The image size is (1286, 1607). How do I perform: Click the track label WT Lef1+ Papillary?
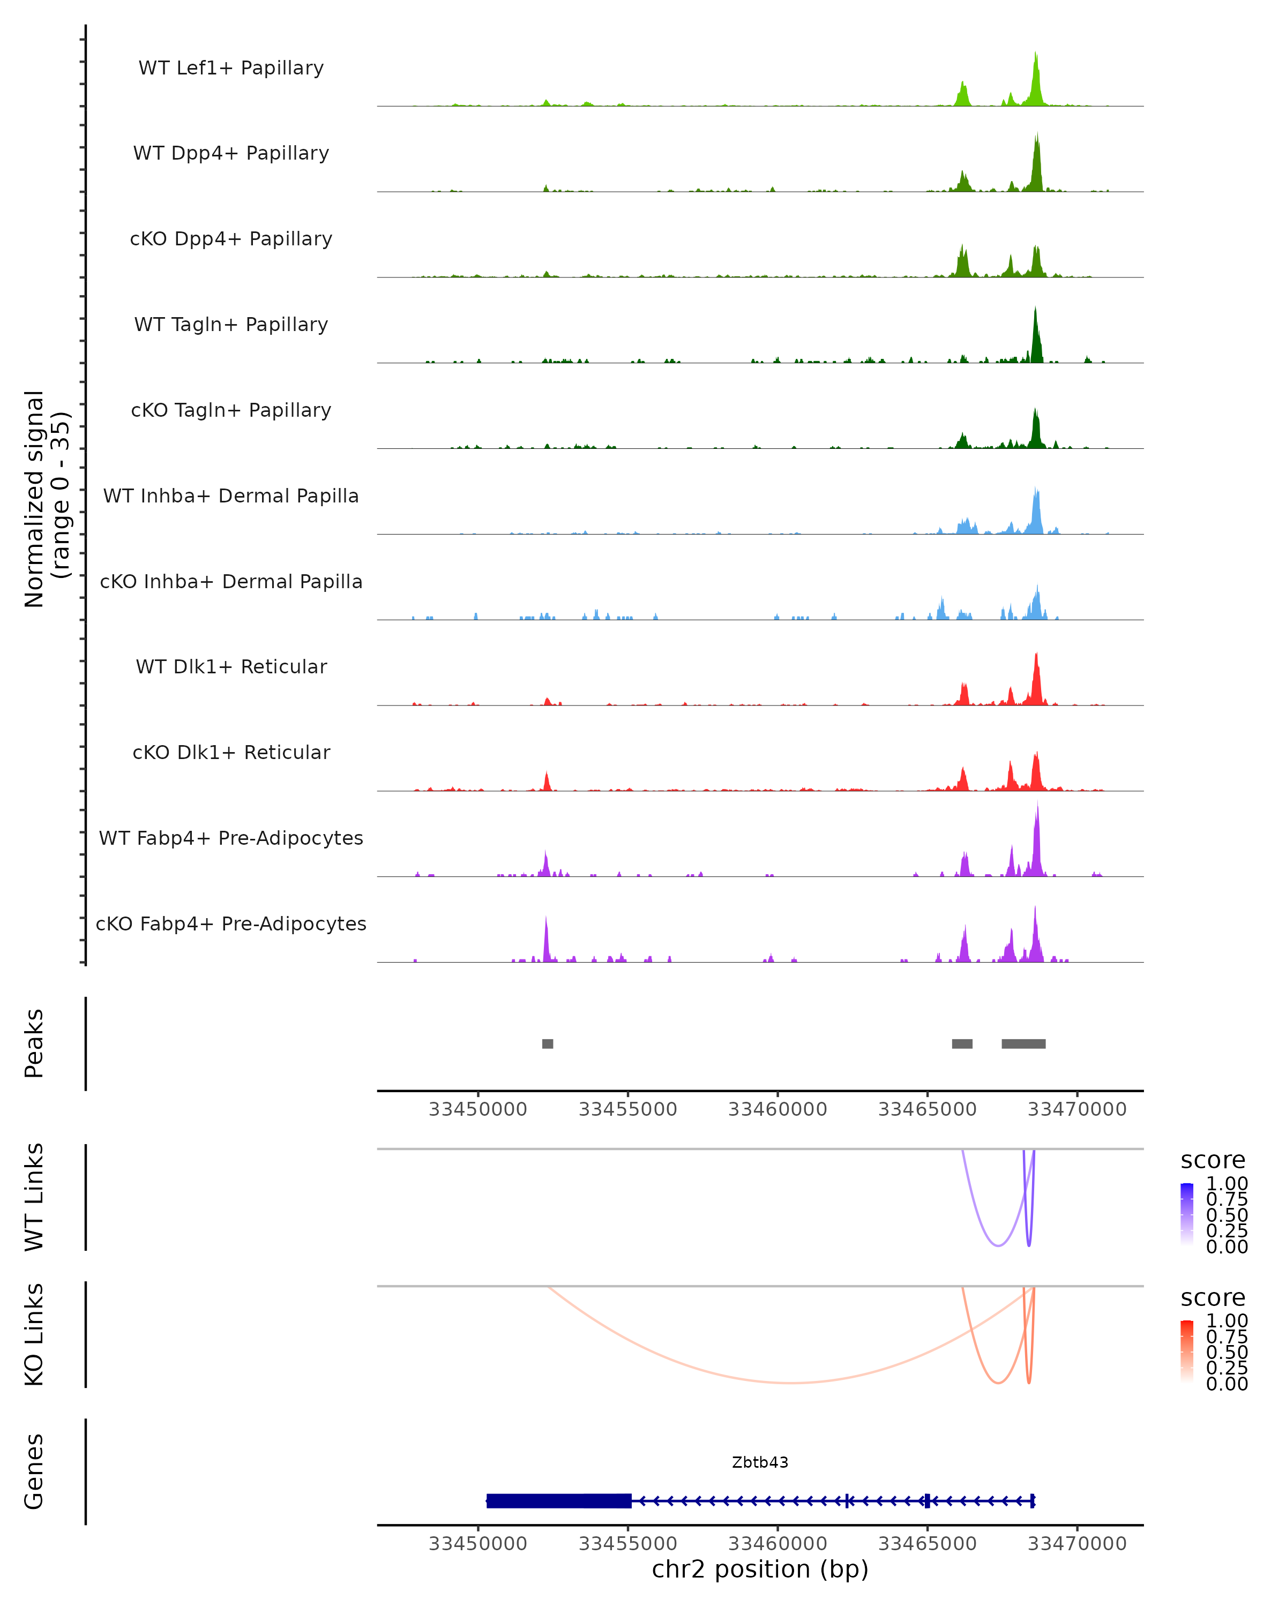[x=231, y=68]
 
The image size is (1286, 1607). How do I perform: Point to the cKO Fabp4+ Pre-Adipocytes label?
[x=231, y=923]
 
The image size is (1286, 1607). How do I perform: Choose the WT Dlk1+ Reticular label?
[x=231, y=667]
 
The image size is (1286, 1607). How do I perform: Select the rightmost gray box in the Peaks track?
[x=1023, y=1043]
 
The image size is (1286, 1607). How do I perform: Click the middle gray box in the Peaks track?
[x=962, y=1043]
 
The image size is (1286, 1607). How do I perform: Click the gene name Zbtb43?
[x=760, y=1462]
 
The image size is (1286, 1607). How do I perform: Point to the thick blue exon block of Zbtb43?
[x=559, y=1500]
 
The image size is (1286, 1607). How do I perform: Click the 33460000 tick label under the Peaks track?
[x=777, y=1109]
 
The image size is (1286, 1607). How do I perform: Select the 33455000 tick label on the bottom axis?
[x=627, y=1544]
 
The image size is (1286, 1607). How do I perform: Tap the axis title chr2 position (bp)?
[x=760, y=1569]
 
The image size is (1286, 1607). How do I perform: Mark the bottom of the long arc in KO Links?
[x=792, y=1383]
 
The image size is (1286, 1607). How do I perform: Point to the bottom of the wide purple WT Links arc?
[x=998, y=1245]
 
